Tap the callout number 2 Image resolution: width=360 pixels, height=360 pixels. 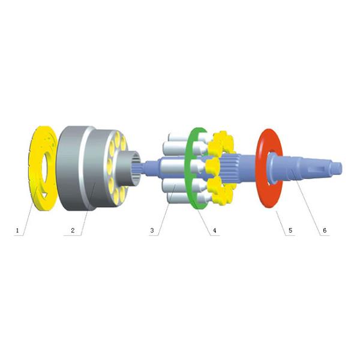tap(72, 230)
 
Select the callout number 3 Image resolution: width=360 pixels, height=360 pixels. tap(152, 230)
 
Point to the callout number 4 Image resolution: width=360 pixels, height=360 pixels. tap(214, 230)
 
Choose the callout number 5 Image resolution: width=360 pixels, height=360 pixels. tap(290, 230)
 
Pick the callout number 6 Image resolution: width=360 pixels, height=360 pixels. tap(325, 230)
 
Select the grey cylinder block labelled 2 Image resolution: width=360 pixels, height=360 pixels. tap(78, 168)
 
